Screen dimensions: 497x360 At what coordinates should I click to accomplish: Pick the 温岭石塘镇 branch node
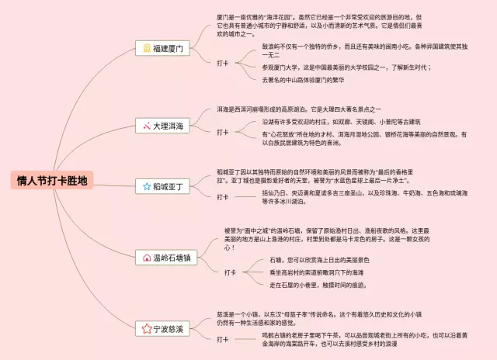point(165,258)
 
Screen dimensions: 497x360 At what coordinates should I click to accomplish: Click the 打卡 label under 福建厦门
point(223,63)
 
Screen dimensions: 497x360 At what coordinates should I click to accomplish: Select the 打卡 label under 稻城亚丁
point(223,197)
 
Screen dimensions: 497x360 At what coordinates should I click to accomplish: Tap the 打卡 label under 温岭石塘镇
point(230,272)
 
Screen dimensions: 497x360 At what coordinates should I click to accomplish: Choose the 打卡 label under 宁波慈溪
point(223,339)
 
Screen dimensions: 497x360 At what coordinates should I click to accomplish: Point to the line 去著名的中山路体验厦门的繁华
point(303,79)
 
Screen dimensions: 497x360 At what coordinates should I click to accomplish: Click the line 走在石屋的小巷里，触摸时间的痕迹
point(318,285)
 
